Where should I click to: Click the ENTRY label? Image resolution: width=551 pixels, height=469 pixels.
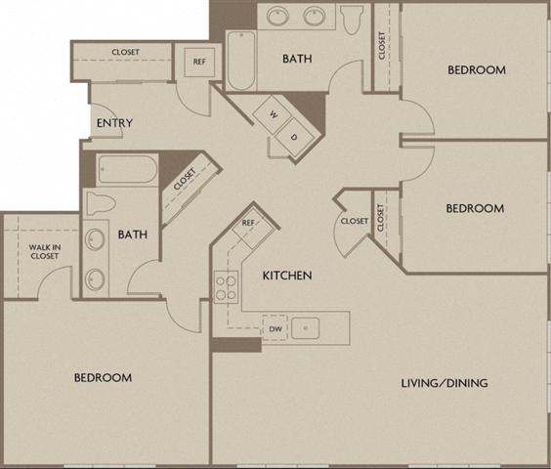pyautogui.click(x=114, y=123)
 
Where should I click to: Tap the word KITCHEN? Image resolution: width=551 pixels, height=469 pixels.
pyautogui.click(x=287, y=276)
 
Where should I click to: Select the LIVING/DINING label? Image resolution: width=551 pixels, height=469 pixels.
pyautogui.click(x=445, y=383)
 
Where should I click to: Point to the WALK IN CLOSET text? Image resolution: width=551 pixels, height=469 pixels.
pyautogui.click(x=44, y=251)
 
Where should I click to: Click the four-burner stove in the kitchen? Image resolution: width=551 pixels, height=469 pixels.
pyautogui.click(x=227, y=287)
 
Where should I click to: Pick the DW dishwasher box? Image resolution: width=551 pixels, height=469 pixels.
pyautogui.click(x=276, y=330)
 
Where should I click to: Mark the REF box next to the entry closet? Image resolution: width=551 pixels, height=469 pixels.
pyautogui.click(x=199, y=62)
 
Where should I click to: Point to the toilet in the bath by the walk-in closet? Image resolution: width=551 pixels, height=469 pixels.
pyautogui.click(x=101, y=203)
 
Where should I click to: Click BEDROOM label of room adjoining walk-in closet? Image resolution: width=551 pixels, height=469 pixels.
pyautogui.click(x=103, y=377)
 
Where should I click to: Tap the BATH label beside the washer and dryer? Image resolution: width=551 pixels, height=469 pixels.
pyautogui.click(x=297, y=59)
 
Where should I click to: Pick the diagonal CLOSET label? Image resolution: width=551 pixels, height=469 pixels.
pyautogui.click(x=185, y=180)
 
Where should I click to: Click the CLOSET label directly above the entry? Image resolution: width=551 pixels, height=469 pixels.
pyautogui.click(x=125, y=52)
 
